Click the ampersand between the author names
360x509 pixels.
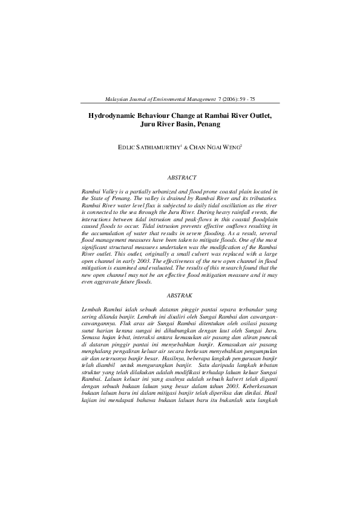click(186, 148)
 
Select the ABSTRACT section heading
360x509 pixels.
click(181, 178)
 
